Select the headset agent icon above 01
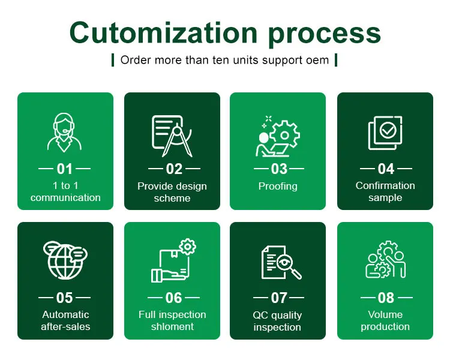pyautogui.click(x=65, y=133)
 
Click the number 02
pyautogui.click(x=173, y=169)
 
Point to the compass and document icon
pyautogui.click(x=173, y=136)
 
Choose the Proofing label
pyautogui.click(x=278, y=187)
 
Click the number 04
pyautogui.click(x=386, y=169)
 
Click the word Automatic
pyautogui.click(x=65, y=315)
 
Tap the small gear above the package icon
pyautogui.click(x=188, y=246)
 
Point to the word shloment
pyautogui.click(x=172, y=327)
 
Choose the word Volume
pyautogui.click(x=385, y=315)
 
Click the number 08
pyautogui.click(x=386, y=298)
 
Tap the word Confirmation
pyautogui.click(x=385, y=186)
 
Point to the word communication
pyautogui.click(x=65, y=198)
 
